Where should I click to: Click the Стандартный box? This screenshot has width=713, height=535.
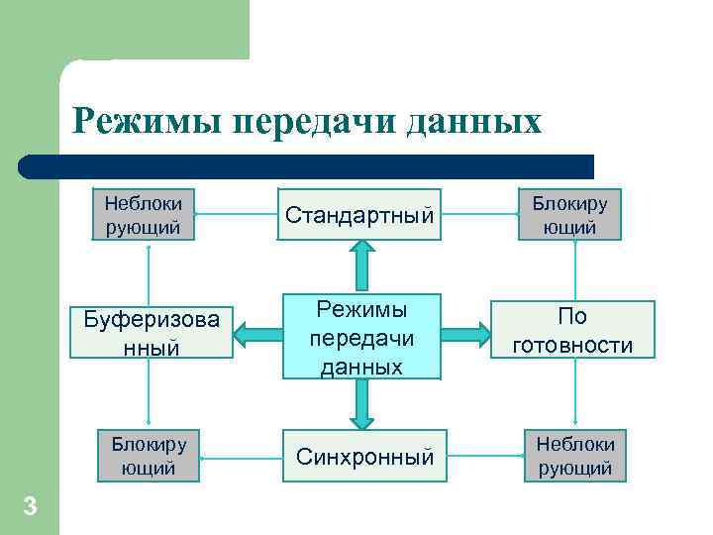click(x=359, y=214)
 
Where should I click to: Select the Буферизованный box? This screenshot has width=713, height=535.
click(x=151, y=333)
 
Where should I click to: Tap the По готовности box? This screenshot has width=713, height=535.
click(x=572, y=330)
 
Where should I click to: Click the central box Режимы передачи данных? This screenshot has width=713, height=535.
click(x=359, y=336)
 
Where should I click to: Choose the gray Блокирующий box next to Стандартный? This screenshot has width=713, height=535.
click(x=570, y=214)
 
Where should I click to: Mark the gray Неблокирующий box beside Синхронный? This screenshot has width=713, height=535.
click(x=575, y=456)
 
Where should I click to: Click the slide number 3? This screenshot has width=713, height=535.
click(x=30, y=507)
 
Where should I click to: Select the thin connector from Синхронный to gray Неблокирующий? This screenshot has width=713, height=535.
click(x=480, y=457)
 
